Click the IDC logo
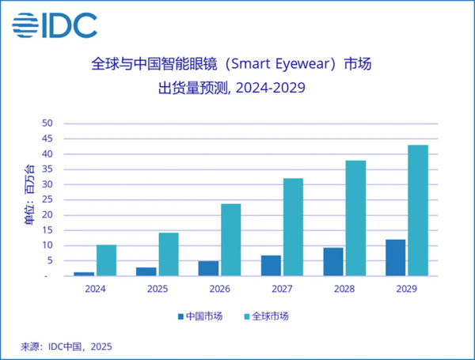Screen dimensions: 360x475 pos(55,25)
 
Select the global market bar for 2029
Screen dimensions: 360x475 pos(418,210)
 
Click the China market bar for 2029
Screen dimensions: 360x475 pos(395,258)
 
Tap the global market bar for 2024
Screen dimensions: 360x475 pos(106,260)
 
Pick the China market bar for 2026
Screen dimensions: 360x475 pos(208,268)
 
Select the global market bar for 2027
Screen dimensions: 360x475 pos(293,227)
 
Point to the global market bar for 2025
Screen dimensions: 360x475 pos(169,254)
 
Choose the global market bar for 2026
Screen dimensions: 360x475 pos(230,240)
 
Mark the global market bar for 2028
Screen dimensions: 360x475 pos(355,218)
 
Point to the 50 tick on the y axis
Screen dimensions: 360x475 pos(47,123)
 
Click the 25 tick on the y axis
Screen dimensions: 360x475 pos(47,199)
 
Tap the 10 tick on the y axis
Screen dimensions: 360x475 pos(47,245)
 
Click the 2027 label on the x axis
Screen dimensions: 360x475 pos(282,289)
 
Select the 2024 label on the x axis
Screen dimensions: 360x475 pos(95,289)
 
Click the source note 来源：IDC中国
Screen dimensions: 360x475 pos(67,346)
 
